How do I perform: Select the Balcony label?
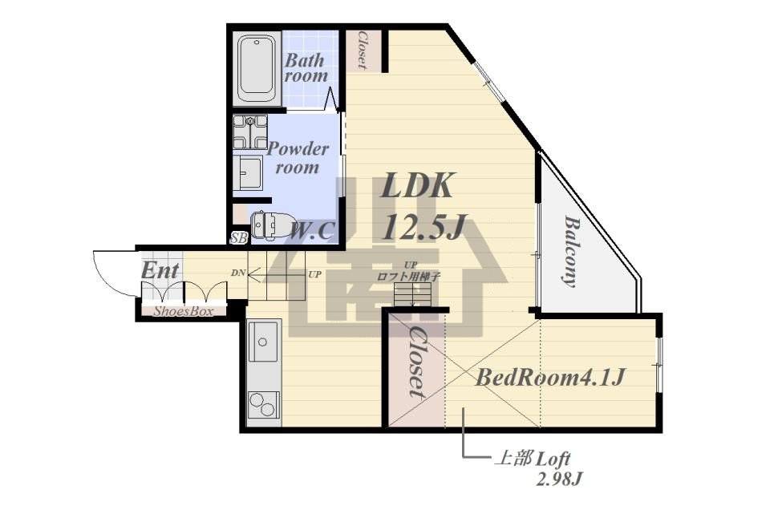(569, 251)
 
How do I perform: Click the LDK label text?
(417, 185)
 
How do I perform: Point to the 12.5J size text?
(423, 227)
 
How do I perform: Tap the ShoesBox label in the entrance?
(184, 311)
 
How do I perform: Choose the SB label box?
(239, 238)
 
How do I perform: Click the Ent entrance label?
(160, 270)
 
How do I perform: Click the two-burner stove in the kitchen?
(263, 404)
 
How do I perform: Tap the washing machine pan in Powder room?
(250, 132)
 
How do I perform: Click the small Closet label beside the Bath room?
(363, 50)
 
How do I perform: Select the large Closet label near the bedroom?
(415, 362)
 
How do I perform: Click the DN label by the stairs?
(238, 273)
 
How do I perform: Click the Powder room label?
(298, 158)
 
